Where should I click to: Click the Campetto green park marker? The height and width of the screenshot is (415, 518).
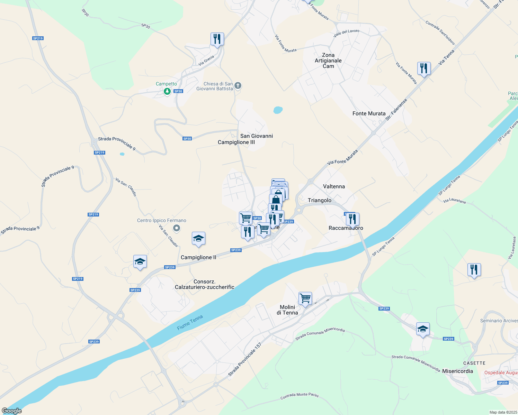[x=167, y=91]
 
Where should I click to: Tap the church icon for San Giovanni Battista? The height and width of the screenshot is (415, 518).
[x=238, y=85]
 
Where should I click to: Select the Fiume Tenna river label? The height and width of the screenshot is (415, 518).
[x=190, y=323]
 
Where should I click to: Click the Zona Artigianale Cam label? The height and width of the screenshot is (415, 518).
[x=328, y=61]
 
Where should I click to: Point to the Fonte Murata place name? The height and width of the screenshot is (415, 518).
[x=369, y=113]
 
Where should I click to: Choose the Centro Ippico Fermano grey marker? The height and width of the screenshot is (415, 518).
[x=177, y=228]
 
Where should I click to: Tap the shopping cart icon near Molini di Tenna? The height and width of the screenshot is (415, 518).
[x=305, y=298]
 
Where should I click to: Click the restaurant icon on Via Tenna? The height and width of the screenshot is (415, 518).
[x=424, y=68]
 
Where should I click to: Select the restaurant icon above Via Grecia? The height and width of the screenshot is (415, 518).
[x=217, y=39]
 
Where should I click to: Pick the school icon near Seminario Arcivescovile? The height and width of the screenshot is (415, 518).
[x=423, y=329]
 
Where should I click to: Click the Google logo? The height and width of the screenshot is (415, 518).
[x=12, y=411]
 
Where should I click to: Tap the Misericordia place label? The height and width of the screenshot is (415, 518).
[x=457, y=371]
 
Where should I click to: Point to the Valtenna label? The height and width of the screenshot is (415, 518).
[x=334, y=186]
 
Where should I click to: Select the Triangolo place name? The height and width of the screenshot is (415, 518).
[x=320, y=200]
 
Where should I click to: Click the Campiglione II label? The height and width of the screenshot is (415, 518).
[x=198, y=257]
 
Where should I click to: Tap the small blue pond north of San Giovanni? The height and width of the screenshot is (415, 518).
[x=278, y=110]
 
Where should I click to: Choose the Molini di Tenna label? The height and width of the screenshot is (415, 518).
[x=287, y=310]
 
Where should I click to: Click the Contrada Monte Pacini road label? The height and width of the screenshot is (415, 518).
[x=300, y=396]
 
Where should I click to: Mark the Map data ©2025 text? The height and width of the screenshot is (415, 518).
[x=503, y=412]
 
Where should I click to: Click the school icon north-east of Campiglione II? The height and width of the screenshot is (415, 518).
[x=198, y=239]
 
